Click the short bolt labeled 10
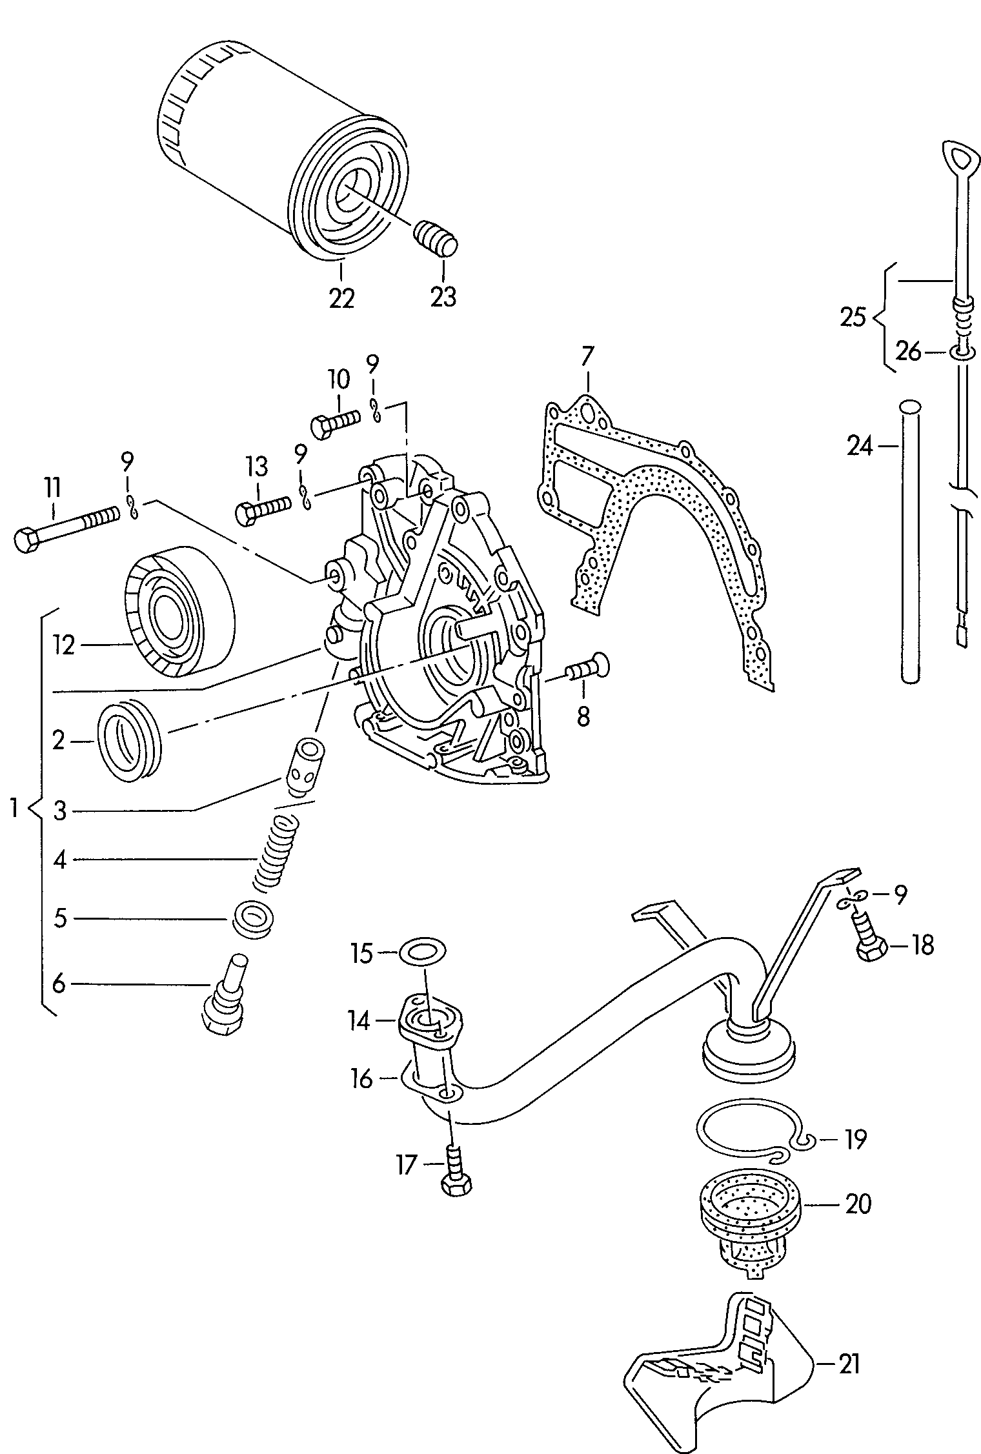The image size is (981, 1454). [334, 422]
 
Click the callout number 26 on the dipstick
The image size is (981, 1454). [909, 352]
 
